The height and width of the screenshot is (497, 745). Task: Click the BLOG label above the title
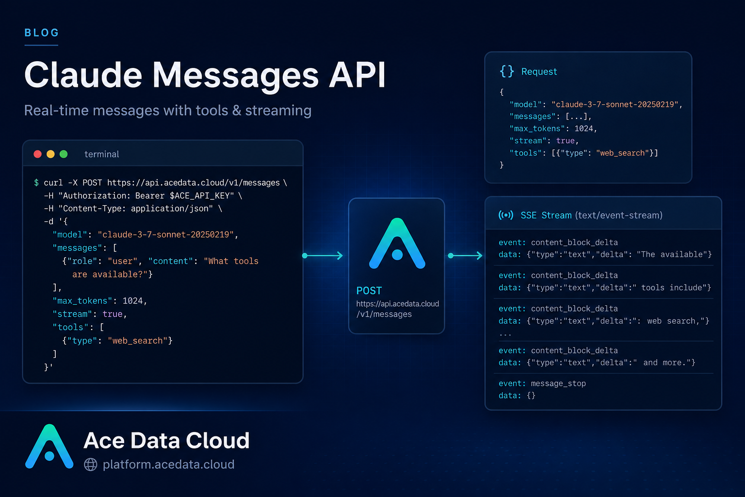coord(42,33)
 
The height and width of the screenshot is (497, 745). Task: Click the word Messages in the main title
coord(235,76)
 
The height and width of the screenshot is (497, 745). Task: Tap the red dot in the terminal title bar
coord(37,154)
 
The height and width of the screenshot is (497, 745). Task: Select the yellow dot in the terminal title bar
coord(50,154)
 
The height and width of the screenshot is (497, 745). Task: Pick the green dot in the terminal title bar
coord(64,154)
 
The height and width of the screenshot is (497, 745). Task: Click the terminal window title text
coord(101,154)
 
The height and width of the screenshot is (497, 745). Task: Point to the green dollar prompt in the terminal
coord(36,182)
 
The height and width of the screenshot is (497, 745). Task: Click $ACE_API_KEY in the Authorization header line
coord(202,196)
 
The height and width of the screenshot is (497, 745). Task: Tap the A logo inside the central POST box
coord(397,243)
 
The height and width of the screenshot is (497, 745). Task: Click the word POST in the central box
coord(369,291)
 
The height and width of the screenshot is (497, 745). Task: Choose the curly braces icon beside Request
coord(506,71)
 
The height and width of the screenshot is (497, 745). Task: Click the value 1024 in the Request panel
coord(583,129)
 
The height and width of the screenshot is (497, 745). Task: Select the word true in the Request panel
coord(566,141)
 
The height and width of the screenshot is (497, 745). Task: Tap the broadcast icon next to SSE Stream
coord(506,215)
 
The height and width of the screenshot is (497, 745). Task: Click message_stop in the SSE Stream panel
coord(558,383)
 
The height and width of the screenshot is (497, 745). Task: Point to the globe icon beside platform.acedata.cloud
coord(91,464)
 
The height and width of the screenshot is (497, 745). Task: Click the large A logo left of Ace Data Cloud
coord(49,447)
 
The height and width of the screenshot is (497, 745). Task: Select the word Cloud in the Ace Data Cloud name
coord(217,440)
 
